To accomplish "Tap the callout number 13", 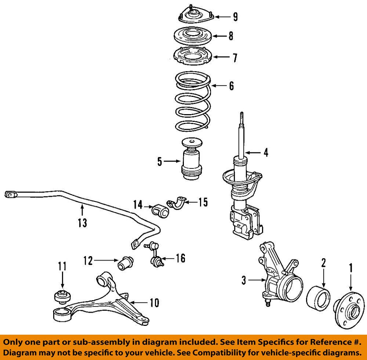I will (x=83, y=222).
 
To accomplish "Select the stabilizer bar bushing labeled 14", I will (x=160, y=211).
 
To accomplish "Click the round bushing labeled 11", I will (x=62, y=296).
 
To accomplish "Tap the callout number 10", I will (x=154, y=303).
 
